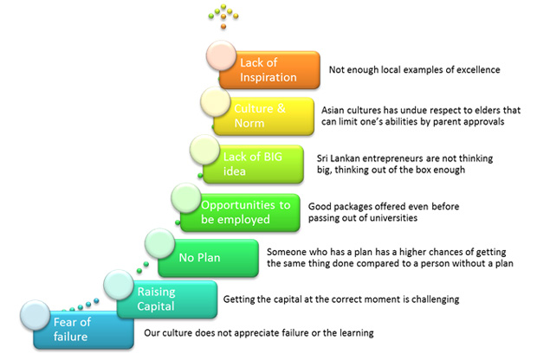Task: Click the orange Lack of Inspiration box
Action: pos(270,70)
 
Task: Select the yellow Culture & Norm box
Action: pos(263,116)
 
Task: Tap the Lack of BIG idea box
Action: pos(254,164)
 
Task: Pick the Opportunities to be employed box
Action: pos(240,213)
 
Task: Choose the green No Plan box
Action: pos(208,258)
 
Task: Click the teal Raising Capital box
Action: pos(167,299)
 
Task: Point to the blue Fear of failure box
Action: pos(83,330)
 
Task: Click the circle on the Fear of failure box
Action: pos(35,315)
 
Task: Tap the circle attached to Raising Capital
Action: pos(119,285)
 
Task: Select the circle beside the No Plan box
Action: pos(159,243)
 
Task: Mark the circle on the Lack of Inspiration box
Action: pos(221,55)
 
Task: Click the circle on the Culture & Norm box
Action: pos(216,101)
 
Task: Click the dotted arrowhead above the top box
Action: pos(223,16)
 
